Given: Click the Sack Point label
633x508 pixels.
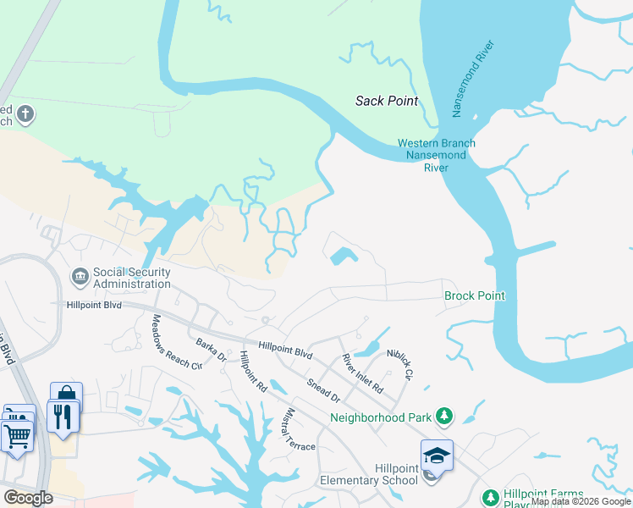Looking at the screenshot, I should click(386, 101).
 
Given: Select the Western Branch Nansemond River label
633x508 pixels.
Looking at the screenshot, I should click(437, 155).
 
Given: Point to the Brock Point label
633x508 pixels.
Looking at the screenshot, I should click(474, 295).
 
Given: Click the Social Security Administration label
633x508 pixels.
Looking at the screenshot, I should click(132, 278).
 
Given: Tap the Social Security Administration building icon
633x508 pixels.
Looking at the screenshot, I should click(80, 276).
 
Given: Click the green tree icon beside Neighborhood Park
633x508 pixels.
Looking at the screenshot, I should click(444, 416).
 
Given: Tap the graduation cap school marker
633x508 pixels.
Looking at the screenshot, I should click(437, 456).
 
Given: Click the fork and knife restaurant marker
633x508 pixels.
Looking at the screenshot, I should click(62, 417).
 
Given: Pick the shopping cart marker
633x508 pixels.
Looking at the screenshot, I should click(17, 436).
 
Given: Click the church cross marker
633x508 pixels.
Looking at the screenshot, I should click(26, 113).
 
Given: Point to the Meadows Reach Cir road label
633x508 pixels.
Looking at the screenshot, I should click(176, 342).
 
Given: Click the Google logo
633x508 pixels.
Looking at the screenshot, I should click(27, 498).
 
